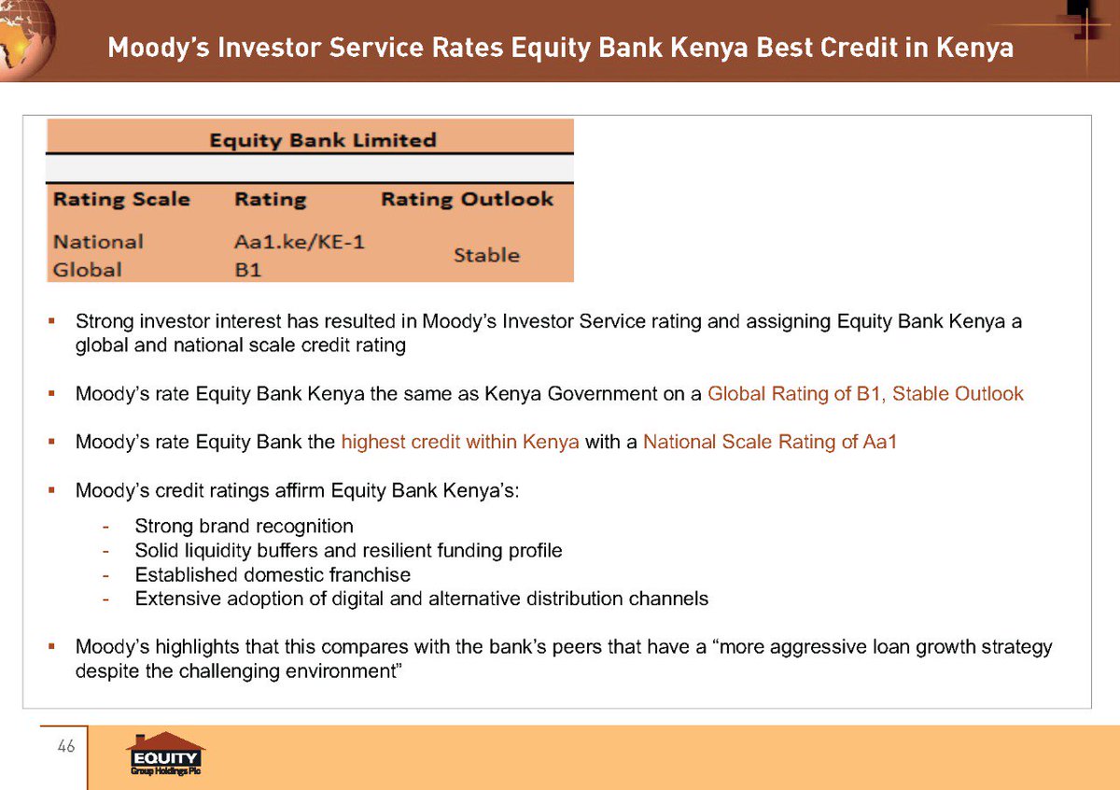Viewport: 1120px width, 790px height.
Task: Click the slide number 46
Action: pyautogui.click(x=65, y=746)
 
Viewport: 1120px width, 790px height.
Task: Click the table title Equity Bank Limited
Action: pyautogui.click(x=322, y=140)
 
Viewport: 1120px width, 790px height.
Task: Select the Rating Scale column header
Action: pyautogui.click(x=121, y=199)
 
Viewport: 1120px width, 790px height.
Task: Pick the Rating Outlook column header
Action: pyautogui.click(x=467, y=199)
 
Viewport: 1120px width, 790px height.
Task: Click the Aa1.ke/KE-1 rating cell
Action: pyautogui.click(x=299, y=242)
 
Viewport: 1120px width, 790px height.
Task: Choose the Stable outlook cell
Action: pyautogui.click(x=486, y=255)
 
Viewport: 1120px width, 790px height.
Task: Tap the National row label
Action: pyautogui.click(x=98, y=242)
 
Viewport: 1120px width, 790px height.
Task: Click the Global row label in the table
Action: pyautogui.click(x=87, y=270)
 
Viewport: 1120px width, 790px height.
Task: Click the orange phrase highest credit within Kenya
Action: pyautogui.click(x=460, y=443)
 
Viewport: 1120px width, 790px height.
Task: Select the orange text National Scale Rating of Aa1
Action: pyautogui.click(x=769, y=443)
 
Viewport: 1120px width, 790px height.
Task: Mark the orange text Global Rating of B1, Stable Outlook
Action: pyautogui.click(x=865, y=394)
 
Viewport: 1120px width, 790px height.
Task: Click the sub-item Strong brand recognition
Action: pyautogui.click(x=244, y=526)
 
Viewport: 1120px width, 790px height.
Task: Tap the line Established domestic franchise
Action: pyautogui.click(x=273, y=574)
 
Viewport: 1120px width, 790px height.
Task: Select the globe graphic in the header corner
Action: pyautogui.click(x=26, y=37)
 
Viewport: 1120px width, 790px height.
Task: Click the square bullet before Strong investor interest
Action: pyautogui.click(x=53, y=322)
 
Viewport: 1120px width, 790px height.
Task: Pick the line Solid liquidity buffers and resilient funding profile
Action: pyautogui.click(x=348, y=550)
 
